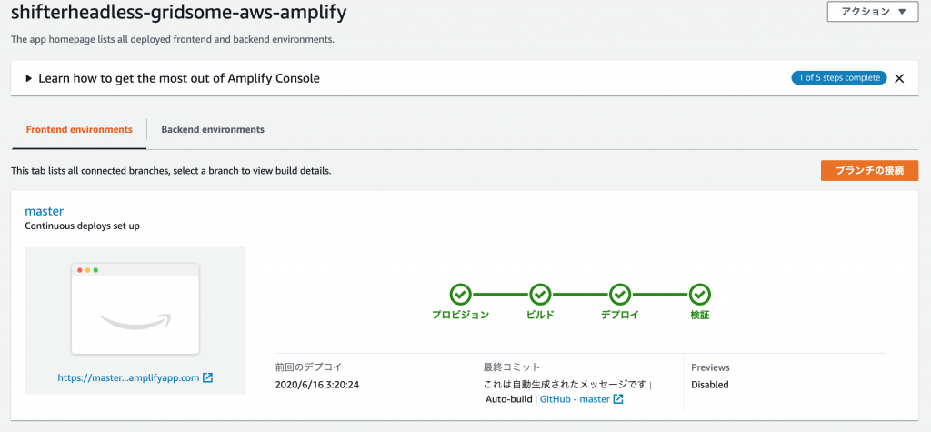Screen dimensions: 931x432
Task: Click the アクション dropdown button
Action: tap(872, 12)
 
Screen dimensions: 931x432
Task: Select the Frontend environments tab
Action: tap(79, 129)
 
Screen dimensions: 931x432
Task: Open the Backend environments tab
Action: tap(213, 129)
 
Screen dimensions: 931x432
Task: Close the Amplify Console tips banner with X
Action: tap(899, 78)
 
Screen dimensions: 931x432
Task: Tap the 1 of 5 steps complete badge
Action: tap(839, 78)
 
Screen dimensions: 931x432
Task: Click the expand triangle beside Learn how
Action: tap(29, 78)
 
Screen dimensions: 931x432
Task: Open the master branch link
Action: tap(44, 211)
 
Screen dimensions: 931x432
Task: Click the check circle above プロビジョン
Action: tap(460, 294)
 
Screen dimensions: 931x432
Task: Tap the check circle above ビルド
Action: tap(540, 294)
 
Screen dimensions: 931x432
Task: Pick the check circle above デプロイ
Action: tap(620, 294)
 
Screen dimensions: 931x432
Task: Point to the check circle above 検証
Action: tap(700, 294)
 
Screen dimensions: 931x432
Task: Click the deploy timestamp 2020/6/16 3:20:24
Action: tap(317, 385)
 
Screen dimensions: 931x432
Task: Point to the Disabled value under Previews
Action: tap(709, 385)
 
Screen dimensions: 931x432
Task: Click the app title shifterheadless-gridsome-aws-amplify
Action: tap(179, 13)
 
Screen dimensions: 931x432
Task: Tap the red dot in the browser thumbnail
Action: tap(80, 270)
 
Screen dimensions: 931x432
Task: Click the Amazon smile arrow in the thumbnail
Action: tap(136, 321)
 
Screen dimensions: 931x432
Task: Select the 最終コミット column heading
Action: tap(512, 367)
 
